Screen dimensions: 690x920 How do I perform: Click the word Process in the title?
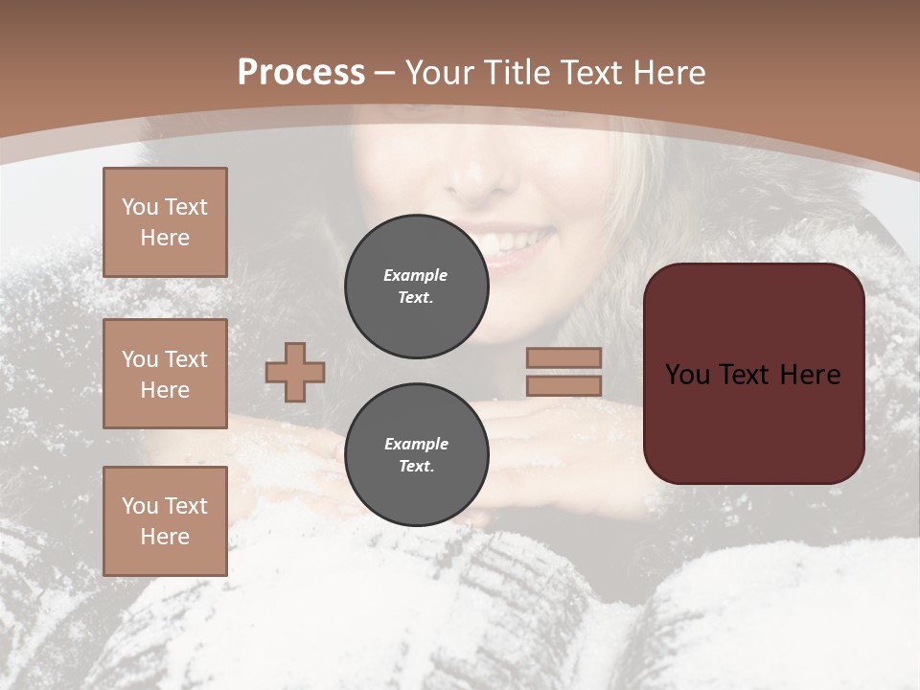pos(301,72)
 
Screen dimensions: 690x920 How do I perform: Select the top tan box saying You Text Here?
pos(165,222)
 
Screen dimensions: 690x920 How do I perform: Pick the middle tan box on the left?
pos(165,374)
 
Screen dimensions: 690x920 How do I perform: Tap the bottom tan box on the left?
pos(165,521)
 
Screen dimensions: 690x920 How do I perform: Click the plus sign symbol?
pos(295,372)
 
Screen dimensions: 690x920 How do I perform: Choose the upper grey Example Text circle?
pos(416,286)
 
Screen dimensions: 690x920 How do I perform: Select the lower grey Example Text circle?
pos(416,454)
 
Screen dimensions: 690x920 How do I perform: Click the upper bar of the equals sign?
pos(563,357)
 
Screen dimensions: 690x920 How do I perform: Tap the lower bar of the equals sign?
pos(563,385)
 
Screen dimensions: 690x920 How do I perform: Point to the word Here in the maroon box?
pos(810,374)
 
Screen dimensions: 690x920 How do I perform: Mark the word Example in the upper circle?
pos(416,275)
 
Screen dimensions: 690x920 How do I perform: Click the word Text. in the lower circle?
pos(416,466)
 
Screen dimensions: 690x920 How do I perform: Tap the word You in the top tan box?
pos(140,207)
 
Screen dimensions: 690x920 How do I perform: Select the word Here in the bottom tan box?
pos(165,537)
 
